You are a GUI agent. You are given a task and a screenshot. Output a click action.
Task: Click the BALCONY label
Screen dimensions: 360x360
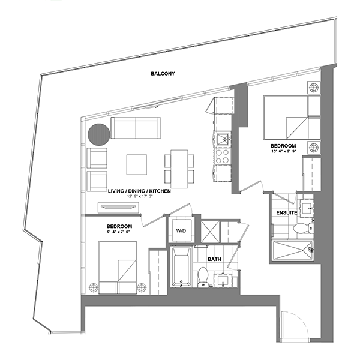click(163, 74)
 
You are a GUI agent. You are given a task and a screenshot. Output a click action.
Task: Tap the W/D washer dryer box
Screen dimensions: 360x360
click(182, 230)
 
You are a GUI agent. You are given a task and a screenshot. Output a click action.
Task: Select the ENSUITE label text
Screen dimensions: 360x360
click(287, 213)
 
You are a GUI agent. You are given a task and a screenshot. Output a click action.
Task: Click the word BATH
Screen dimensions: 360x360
click(214, 259)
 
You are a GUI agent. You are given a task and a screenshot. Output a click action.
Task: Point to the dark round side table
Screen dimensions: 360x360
click(99, 134)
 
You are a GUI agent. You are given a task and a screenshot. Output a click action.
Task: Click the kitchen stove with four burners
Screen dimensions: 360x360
click(223, 156)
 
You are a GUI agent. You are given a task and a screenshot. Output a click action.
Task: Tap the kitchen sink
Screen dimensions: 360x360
click(223, 139)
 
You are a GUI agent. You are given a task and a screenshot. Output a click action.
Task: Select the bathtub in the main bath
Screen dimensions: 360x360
click(181, 267)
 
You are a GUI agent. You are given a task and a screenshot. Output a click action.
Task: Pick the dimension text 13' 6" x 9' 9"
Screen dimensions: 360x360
click(284, 151)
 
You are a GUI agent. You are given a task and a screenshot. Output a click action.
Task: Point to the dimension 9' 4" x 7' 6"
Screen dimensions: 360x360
click(118, 232)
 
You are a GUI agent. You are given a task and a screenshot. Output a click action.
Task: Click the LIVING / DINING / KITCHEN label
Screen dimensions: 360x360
click(139, 191)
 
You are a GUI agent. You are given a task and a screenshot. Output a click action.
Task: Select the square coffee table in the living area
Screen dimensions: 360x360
click(137, 164)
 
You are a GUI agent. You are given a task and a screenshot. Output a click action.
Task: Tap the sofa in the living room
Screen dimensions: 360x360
click(136, 128)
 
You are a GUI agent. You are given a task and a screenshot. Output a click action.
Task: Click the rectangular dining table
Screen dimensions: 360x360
click(179, 169)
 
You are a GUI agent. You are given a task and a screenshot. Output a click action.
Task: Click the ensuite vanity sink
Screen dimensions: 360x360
click(307, 208)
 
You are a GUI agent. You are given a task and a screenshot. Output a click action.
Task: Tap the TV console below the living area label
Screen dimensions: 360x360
click(118, 208)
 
